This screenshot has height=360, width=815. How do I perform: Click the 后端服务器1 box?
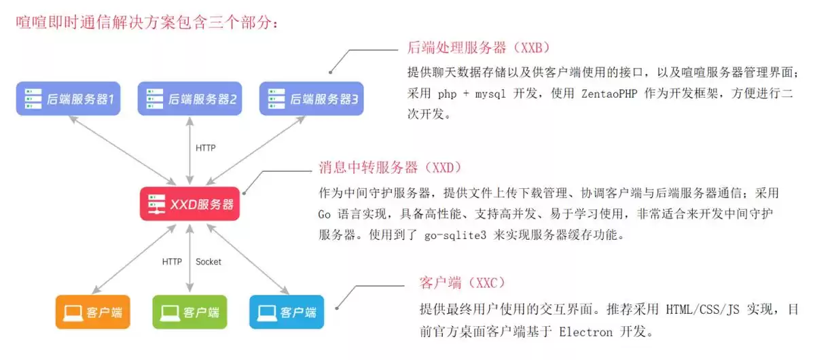[69, 99]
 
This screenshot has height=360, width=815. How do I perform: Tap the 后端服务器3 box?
[311, 99]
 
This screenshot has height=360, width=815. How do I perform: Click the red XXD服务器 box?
[190, 204]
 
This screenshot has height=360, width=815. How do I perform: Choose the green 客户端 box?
[189, 312]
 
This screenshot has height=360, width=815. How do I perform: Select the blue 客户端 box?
[287, 312]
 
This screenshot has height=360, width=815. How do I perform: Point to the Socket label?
[209, 262]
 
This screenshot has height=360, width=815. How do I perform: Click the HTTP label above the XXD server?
[205, 148]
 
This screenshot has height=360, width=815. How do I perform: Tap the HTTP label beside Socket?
[172, 262]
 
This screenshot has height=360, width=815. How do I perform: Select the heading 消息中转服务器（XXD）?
[390, 167]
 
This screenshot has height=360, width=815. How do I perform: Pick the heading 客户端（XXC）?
[462, 283]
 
